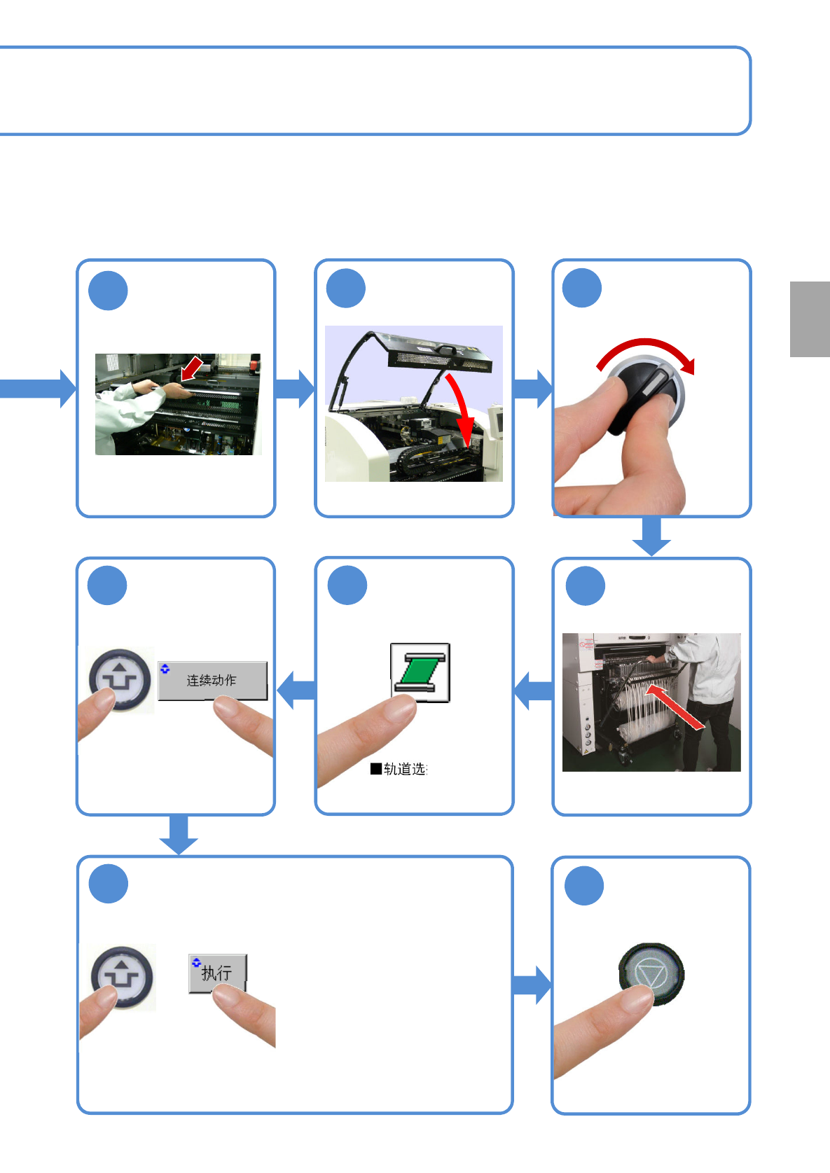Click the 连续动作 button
click(x=212, y=680)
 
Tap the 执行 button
click(x=217, y=972)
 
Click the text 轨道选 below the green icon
click(x=404, y=769)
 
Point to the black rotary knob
click(x=645, y=395)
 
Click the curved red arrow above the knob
click(x=648, y=349)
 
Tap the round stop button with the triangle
click(x=651, y=973)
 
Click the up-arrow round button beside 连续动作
click(x=120, y=680)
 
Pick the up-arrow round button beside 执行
click(x=123, y=976)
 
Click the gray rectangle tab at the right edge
click(x=810, y=319)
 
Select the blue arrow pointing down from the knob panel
click(x=651, y=536)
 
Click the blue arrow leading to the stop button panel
click(x=532, y=985)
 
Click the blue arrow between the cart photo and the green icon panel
click(x=534, y=690)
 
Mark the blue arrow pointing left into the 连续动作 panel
click(x=296, y=690)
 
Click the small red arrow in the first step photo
click(x=191, y=368)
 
